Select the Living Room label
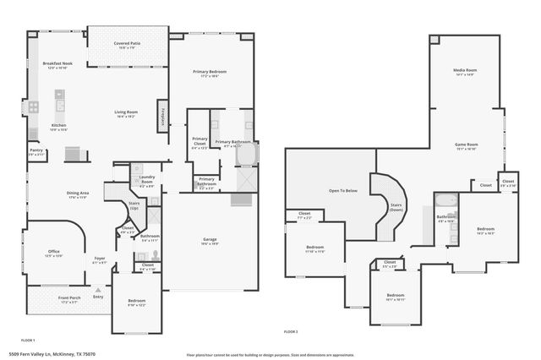[x=127, y=114]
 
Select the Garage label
[x=209, y=242]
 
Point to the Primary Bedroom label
[x=211, y=74]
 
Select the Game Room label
[x=466, y=145]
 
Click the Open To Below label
[x=342, y=191]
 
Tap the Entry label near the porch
[x=98, y=297]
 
